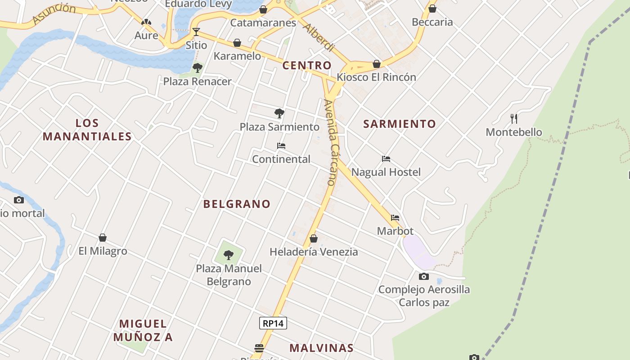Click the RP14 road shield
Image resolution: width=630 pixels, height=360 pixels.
point(273,323)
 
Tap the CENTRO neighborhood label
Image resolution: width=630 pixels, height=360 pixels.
point(307,65)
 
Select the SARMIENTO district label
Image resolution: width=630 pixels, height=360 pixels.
point(400,124)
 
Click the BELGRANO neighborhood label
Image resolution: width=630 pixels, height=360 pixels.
point(237,204)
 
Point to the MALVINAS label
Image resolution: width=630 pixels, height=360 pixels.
point(321,348)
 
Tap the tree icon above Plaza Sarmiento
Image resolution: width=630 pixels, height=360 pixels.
point(279,113)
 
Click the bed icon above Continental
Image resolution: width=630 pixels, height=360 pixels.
point(281,146)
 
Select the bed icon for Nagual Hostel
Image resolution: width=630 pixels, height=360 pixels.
point(386,159)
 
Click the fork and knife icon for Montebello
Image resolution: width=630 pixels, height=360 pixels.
point(514,118)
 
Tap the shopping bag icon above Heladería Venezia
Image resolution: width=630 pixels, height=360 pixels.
point(314,238)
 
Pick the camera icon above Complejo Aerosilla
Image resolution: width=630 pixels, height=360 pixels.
point(423,276)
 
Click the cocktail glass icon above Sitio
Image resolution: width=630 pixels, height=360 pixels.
point(196,31)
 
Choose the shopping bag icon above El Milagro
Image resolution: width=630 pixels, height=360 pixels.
point(103,238)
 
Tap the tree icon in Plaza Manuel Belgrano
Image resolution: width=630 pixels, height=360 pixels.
point(229,255)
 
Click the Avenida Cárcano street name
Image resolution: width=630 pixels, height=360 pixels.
point(330,143)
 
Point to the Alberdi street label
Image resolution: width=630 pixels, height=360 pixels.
point(319,37)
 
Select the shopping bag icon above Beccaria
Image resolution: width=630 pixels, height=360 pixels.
point(432,9)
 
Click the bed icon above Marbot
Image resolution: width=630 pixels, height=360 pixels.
point(395,218)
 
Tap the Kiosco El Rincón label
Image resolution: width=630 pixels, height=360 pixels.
point(377,77)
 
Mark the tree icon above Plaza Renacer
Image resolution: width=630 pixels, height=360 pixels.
point(197,68)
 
